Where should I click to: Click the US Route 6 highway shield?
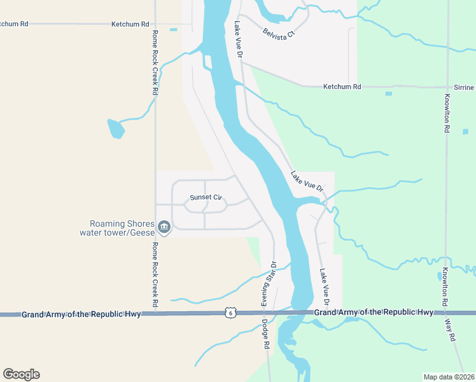pyautogui.click(x=230, y=313)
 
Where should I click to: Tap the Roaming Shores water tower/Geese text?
pyautogui.click(x=116, y=228)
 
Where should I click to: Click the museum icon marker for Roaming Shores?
pyautogui.click(x=164, y=227)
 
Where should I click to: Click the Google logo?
pyautogui.click(x=21, y=374)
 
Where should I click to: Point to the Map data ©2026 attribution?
pyautogui.click(x=449, y=377)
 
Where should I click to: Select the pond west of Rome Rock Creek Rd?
pyautogui.click(x=116, y=129)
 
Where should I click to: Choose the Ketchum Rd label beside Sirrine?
pyautogui.click(x=342, y=87)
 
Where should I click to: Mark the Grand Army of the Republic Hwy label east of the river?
pyautogui.click(x=374, y=312)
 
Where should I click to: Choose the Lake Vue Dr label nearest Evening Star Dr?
pyautogui.click(x=325, y=283)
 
